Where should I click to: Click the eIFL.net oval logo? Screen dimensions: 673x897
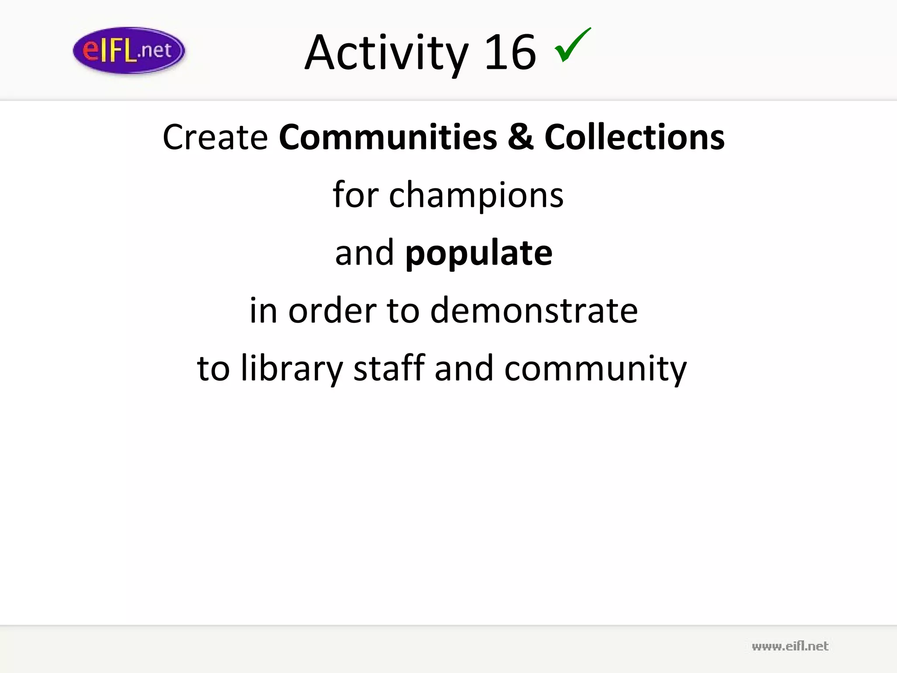pyautogui.click(x=129, y=51)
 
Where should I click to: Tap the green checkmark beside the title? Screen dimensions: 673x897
pyautogui.click(x=572, y=45)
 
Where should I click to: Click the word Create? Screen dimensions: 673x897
pyautogui.click(x=215, y=137)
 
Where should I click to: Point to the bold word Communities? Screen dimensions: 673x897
pyautogui.click(x=388, y=137)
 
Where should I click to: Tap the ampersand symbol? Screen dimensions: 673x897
pyautogui.click(x=521, y=137)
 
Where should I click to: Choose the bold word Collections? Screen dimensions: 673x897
pyautogui.click(x=634, y=137)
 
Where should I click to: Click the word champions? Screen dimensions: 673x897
pyautogui.click(x=476, y=195)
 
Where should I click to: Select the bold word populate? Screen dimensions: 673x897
pyautogui.click(x=479, y=253)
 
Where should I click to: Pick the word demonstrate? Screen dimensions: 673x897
pyautogui.click(x=534, y=311)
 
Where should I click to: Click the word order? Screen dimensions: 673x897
pyautogui.click(x=332, y=311)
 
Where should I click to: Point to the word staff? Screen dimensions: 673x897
pyautogui.click(x=389, y=368)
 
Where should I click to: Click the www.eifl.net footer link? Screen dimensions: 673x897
pyautogui.click(x=790, y=646)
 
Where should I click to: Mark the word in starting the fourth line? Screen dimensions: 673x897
pyautogui.click(x=263, y=310)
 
